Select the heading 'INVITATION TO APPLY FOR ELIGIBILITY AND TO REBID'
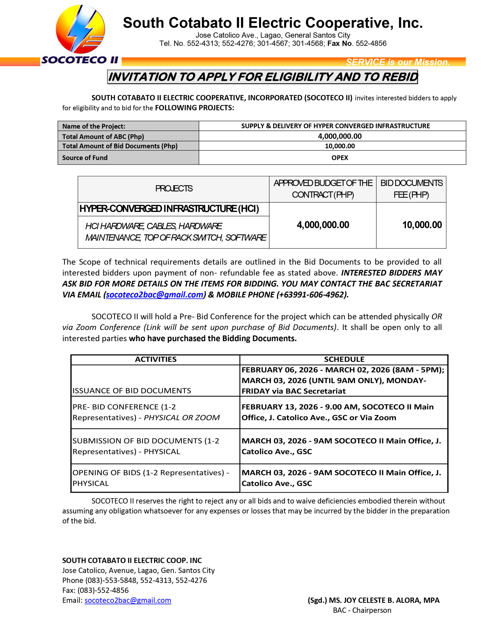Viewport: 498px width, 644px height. click(262, 77)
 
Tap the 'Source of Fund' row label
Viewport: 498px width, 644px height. click(85, 158)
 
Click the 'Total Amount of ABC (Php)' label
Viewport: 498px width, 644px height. click(103, 137)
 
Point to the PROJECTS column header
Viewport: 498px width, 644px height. click(174, 189)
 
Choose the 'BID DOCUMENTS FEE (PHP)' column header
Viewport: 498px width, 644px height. click(411, 189)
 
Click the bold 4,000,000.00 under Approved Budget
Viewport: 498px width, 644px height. click(323, 225)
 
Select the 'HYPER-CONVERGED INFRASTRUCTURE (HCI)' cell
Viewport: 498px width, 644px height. click(169, 209)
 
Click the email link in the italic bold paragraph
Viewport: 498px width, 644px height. click(154, 295)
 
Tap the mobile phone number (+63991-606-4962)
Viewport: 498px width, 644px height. click(312, 295)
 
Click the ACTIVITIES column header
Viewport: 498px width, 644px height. click(156, 359)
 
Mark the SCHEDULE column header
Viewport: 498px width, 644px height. click(344, 359)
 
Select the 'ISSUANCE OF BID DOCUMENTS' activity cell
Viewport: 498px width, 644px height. click(132, 391)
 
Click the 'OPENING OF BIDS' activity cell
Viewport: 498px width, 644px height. click(151, 478)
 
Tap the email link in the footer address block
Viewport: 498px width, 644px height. click(128, 600)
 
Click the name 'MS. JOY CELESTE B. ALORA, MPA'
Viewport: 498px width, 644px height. click(384, 600)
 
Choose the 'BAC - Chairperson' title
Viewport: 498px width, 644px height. click(362, 610)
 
